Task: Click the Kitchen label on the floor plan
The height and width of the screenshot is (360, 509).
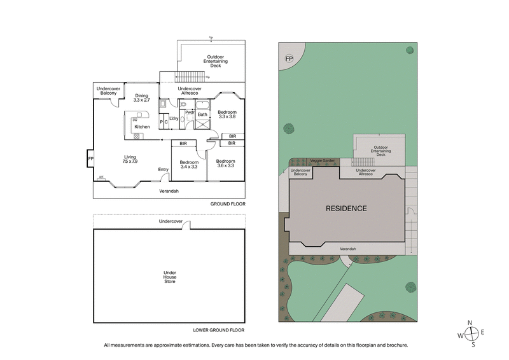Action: point(142,127)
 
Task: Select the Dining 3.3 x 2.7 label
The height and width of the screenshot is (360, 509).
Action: point(141,98)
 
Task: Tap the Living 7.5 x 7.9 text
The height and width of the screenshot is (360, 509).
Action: point(130,159)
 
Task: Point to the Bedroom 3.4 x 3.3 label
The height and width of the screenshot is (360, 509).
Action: point(189,163)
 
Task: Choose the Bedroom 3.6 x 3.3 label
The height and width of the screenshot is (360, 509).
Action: point(226,163)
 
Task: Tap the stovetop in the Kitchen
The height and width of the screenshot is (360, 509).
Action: point(136,135)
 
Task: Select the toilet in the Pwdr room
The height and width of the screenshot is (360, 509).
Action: point(183,118)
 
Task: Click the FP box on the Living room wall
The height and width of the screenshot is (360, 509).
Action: point(90,158)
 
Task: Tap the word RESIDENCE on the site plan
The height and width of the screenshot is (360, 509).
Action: point(346,209)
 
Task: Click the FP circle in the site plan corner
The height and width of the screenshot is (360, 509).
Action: point(288,59)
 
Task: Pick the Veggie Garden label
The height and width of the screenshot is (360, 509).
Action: point(322,161)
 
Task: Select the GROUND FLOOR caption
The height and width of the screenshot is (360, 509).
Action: point(228,204)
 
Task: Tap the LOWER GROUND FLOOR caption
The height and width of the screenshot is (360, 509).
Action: point(219,331)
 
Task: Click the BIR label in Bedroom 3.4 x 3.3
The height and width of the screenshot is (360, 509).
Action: point(183,144)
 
